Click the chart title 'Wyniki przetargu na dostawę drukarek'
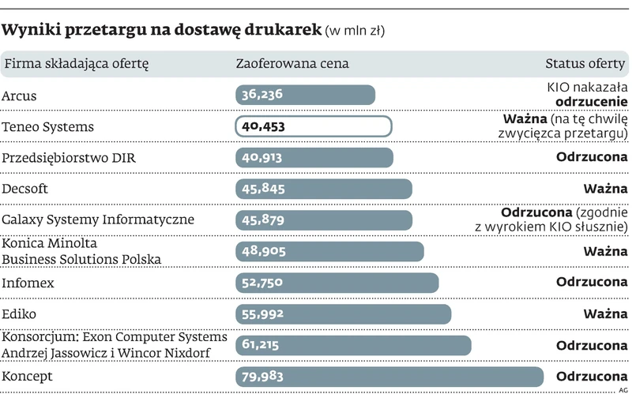click(162, 31)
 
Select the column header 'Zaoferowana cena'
click(292, 64)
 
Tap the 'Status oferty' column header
click(586, 64)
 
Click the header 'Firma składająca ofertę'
click(76, 64)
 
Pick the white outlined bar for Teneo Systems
click(313, 126)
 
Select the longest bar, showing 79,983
click(390, 377)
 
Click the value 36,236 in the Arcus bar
click(262, 95)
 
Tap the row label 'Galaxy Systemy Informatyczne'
click(98, 220)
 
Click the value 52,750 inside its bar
click(262, 283)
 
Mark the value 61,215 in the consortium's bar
click(262, 345)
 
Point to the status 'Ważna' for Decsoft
click(605, 189)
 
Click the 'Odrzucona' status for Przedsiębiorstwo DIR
click(592, 158)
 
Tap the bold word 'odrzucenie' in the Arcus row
click(592, 102)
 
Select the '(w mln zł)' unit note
click(355, 32)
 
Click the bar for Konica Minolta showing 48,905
click(329, 251)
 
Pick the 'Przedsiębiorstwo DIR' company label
click(68, 158)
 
